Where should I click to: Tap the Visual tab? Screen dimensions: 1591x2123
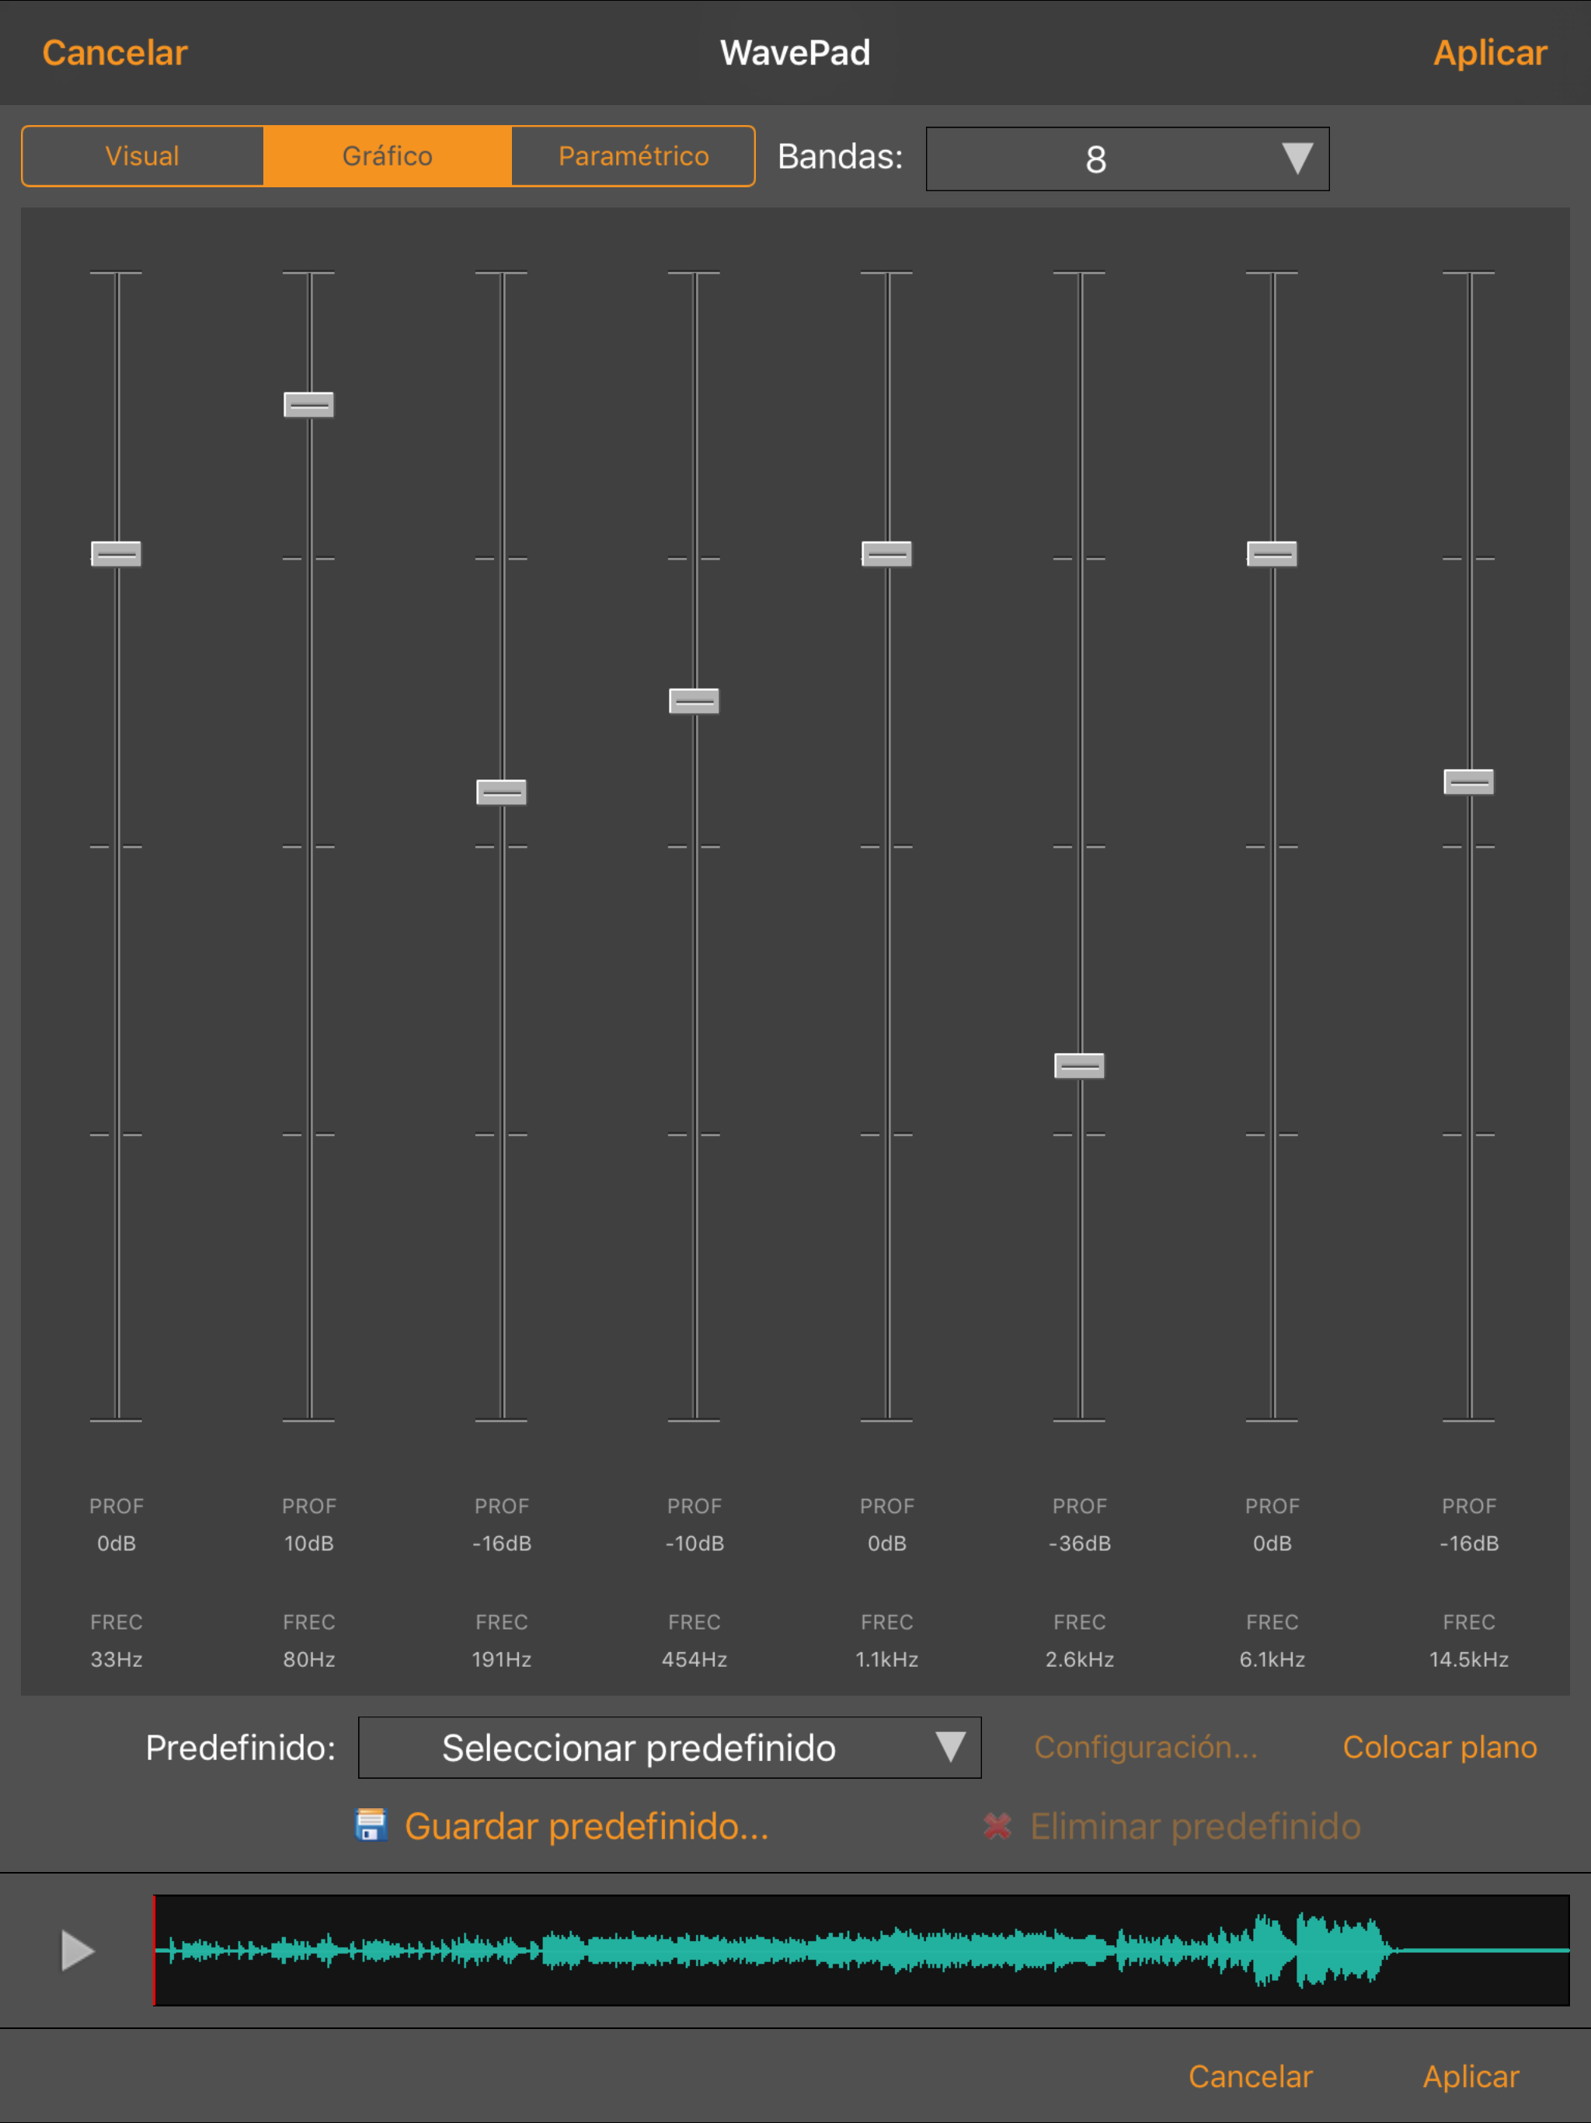click(142, 155)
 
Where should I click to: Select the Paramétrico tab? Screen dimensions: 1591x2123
click(633, 155)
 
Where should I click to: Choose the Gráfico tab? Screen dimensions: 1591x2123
click(388, 155)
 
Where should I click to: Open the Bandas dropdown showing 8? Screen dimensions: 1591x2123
click(1126, 159)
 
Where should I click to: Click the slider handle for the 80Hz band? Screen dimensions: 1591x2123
click(309, 404)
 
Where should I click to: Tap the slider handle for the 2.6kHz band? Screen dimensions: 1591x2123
click(1080, 1065)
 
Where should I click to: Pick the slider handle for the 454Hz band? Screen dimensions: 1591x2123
click(694, 701)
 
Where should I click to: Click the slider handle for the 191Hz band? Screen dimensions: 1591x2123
click(502, 792)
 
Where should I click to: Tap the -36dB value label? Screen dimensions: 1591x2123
click(1080, 1543)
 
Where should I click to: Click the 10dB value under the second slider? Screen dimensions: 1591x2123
click(309, 1543)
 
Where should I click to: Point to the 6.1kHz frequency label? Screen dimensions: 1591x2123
click(1272, 1659)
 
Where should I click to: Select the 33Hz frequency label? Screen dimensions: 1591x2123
click(116, 1659)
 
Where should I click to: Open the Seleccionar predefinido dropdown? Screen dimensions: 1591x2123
click(670, 1747)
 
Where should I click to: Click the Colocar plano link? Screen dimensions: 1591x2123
click(1440, 1747)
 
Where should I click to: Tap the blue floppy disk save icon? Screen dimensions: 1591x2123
click(371, 1825)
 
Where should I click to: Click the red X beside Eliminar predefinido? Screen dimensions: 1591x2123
click(998, 1825)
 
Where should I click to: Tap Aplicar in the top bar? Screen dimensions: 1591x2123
click(1490, 53)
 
